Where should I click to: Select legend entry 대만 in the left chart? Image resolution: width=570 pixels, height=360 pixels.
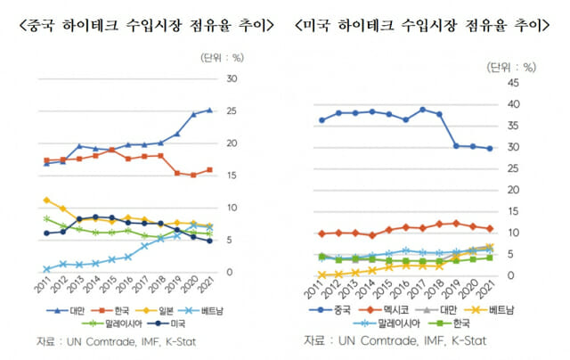(x=77, y=310)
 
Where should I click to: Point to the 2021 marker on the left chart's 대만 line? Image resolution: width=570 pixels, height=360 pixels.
(x=209, y=110)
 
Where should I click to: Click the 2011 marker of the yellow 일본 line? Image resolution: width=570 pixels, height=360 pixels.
(x=46, y=200)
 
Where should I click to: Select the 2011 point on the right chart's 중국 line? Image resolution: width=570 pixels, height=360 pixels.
(x=322, y=120)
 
